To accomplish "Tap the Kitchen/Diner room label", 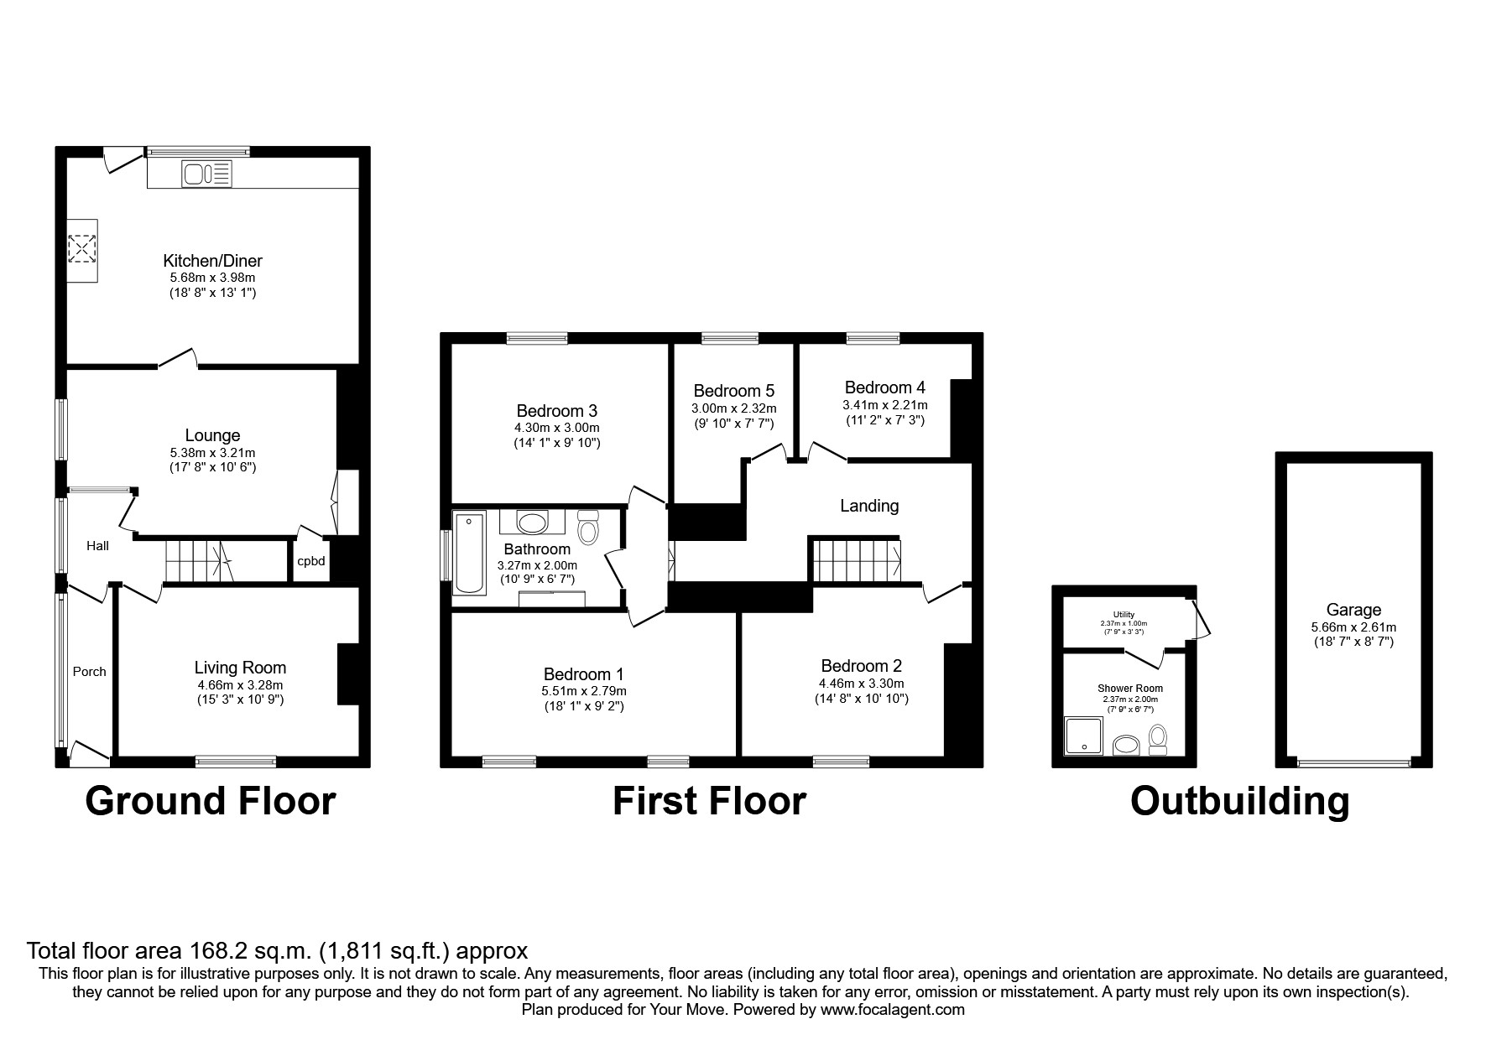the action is (213, 261).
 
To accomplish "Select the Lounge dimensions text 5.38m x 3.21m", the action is (213, 452).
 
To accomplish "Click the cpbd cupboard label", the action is (311, 561).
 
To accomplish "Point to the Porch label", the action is (90, 672).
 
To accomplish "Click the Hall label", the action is (98, 546).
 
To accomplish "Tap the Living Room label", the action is (240, 668).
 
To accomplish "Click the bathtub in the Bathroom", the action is (468, 554).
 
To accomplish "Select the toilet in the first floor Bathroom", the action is (589, 528).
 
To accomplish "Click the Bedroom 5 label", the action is (734, 391).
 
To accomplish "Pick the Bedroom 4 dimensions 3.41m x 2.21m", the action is (885, 405).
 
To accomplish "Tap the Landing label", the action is (869, 506).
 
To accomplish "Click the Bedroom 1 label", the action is (584, 674).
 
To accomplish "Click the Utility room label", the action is (1124, 615).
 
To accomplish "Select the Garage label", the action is (1353, 611).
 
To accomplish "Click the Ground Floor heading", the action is (211, 801).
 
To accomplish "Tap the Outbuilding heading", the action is (1240, 801).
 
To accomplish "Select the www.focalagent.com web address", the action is (893, 1010).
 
